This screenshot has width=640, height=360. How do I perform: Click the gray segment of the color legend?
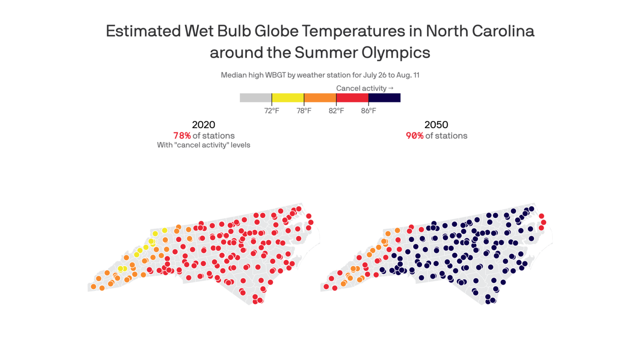tap(256, 98)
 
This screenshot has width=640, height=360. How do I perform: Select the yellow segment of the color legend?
tap(288, 98)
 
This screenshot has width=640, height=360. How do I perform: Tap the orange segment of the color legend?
tap(320, 98)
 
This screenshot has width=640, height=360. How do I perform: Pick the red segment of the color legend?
tap(352, 98)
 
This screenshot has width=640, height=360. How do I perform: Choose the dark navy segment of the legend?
tap(384, 98)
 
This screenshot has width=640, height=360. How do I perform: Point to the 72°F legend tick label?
tap(272, 111)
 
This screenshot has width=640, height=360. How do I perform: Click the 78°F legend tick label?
tap(304, 111)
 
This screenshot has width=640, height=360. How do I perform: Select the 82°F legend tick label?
tap(336, 111)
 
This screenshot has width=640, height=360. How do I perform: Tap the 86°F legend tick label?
tap(368, 111)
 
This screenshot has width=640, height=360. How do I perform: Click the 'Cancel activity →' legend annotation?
tap(365, 88)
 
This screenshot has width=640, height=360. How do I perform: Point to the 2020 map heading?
tap(203, 125)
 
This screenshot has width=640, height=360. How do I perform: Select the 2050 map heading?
tap(436, 125)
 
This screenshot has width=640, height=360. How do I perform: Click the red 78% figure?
tap(182, 136)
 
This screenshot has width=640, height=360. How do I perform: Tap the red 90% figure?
tap(415, 136)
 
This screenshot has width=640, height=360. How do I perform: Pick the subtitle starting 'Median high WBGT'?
tap(320, 75)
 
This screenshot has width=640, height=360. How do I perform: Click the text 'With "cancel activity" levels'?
tap(203, 145)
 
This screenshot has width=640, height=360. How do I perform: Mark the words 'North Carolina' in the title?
tap(480, 31)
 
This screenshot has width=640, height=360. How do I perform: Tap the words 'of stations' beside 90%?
tap(447, 136)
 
